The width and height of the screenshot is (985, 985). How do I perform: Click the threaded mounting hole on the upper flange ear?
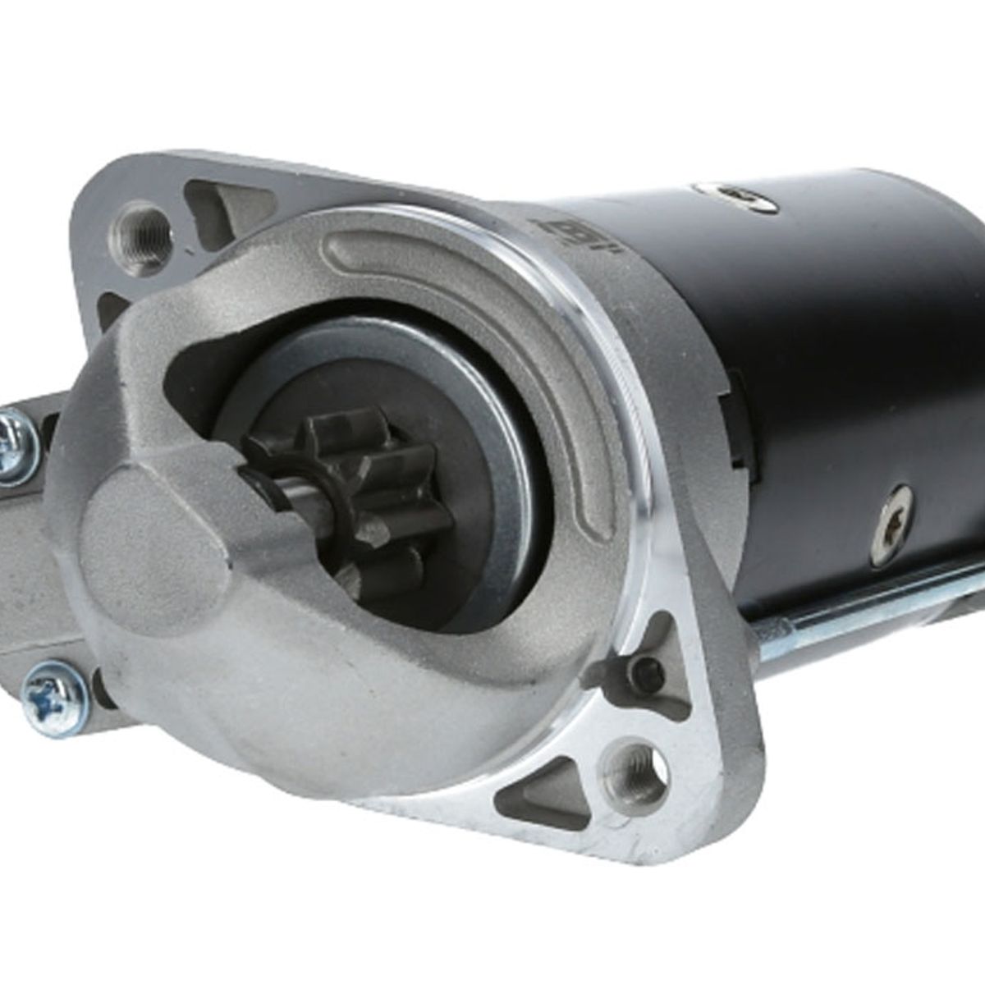click(x=140, y=232)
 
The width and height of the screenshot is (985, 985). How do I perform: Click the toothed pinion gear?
click(x=361, y=501)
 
